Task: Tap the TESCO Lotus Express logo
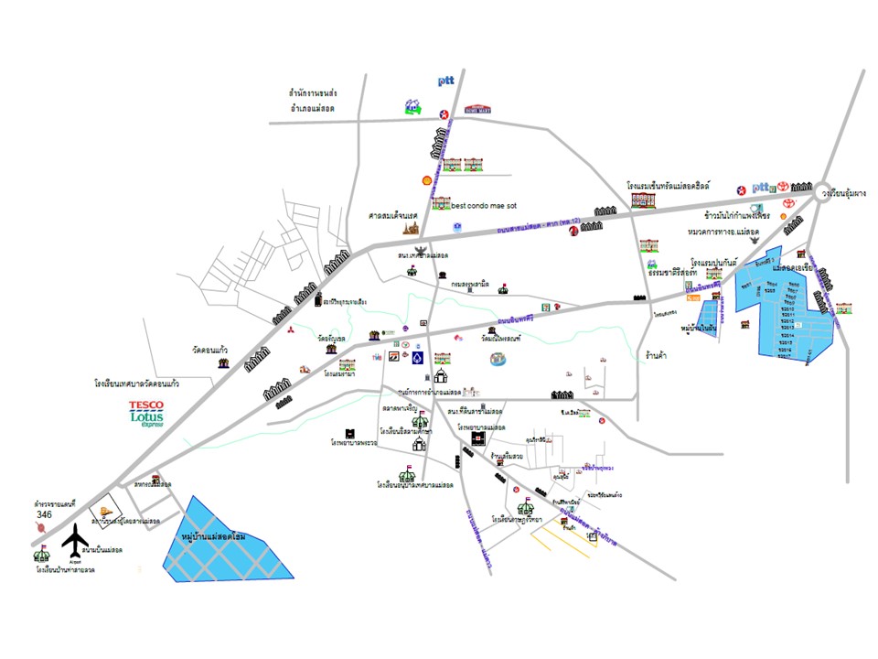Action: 146,414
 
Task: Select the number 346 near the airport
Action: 45,515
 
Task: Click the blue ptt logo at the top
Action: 446,81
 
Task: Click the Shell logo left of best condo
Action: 425,181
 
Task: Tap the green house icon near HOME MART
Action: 413,107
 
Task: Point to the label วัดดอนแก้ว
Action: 209,351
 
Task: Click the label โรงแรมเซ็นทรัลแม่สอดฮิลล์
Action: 669,185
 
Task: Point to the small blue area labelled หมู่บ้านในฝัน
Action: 706,319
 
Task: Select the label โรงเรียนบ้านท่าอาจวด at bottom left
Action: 65,569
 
